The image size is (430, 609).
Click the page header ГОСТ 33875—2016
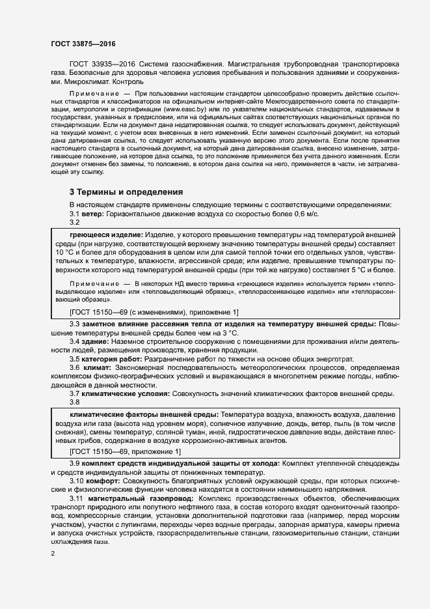point(83,44)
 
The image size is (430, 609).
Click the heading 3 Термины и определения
point(127,192)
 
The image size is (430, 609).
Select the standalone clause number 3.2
point(75,222)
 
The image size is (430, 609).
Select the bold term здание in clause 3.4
point(96,341)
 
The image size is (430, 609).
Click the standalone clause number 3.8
point(75,403)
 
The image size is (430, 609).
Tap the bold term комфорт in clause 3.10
point(102,480)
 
